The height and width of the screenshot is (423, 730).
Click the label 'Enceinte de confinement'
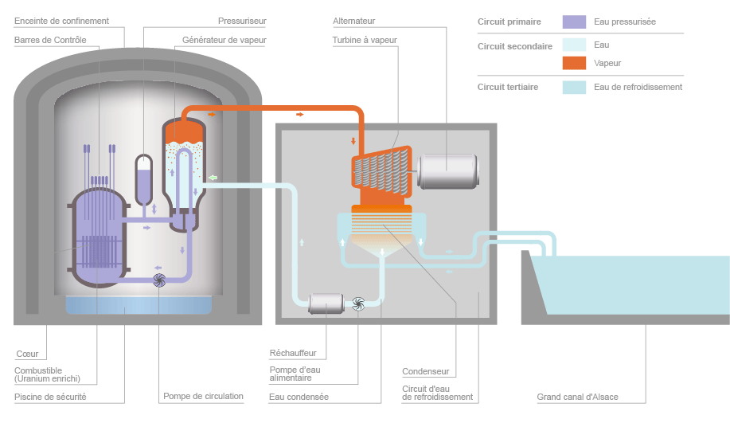tap(61, 21)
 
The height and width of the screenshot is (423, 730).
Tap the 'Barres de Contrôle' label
tap(50, 40)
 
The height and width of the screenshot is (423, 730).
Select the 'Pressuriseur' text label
tap(242, 21)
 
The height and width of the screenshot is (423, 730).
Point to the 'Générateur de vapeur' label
tap(224, 40)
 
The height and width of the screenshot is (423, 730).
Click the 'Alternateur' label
tap(353, 21)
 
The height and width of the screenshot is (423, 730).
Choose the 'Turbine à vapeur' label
tap(365, 40)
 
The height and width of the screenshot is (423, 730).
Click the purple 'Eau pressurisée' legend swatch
tap(574, 22)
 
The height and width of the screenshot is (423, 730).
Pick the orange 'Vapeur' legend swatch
tap(574, 63)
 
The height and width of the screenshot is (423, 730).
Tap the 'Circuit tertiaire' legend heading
tap(508, 87)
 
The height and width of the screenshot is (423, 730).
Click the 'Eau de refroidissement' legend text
tap(638, 87)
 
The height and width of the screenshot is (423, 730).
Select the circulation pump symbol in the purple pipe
tap(159, 279)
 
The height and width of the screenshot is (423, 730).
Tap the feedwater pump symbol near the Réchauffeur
tap(357, 302)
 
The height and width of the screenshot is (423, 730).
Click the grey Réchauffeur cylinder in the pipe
tap(325, 303)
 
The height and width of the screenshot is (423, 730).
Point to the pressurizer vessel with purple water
tap(144, 178)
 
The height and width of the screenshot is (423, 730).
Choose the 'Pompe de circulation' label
tap(203, 396)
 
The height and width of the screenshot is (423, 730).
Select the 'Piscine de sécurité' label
tap(50, 396)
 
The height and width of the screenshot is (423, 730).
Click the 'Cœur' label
tap(26, 354)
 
